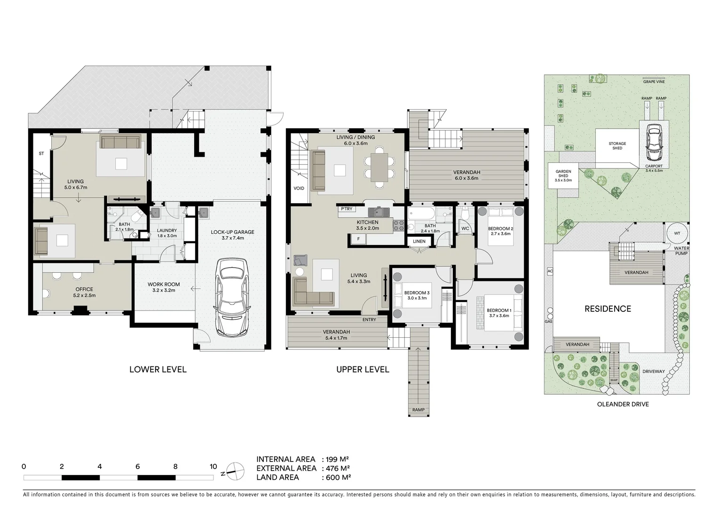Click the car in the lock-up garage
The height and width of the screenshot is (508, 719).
(x=232, y=297)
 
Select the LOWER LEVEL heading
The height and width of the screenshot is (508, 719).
(x=158, y=369)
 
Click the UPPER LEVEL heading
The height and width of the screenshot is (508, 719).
(x=363, y=369)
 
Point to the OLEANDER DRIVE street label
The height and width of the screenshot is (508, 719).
(x=623, y=404)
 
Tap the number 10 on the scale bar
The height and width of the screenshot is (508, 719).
(x=213, y=467)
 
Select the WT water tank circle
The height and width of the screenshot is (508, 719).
(x=676, y=233)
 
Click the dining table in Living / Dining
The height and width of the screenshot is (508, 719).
(x=379, y=167)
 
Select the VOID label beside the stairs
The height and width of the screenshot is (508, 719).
(x=299, y=188)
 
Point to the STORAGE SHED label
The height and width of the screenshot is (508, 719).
(x=617, y=146)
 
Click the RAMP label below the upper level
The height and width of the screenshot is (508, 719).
(x=418, y=410)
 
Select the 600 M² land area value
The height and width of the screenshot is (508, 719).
(x=336, y=477)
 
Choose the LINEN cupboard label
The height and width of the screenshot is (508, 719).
(x=419, y=241)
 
